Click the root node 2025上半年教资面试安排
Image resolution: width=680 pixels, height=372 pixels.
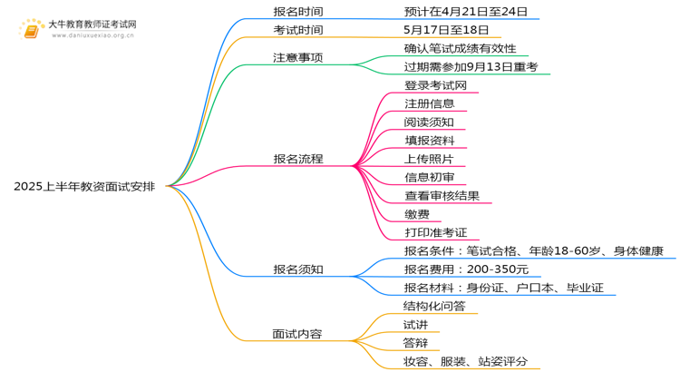click(84, 187)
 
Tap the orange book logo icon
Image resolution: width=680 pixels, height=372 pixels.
click(31, 30)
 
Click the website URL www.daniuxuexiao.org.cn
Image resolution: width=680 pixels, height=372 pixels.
click(92, 35)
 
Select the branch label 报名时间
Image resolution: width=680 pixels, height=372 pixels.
click(298, 12)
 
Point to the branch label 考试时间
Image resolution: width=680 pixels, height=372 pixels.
click(298, 30)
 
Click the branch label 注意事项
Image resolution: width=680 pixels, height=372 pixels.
click(298, 58)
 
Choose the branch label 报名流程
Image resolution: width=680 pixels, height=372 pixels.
click(298, 159)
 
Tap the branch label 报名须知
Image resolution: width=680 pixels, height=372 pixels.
click(298, 269)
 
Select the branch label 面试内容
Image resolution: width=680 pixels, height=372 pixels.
click(297, 334)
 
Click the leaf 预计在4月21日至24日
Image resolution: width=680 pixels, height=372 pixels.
click(466, 12)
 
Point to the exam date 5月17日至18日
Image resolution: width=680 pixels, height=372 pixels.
click(446, 30)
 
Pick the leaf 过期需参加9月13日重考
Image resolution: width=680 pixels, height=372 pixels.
click(471, 67)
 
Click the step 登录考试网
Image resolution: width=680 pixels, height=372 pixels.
click(435, 85)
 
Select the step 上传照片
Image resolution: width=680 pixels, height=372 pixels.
click(429, 159)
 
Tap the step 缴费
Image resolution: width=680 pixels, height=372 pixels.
click(417, 214)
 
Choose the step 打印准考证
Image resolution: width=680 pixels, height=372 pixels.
click(436, 232)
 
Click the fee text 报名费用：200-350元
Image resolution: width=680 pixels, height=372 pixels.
click(466, 269)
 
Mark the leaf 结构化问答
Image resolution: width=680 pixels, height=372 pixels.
click(434, 307)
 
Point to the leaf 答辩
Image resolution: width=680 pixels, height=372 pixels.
click(415, 343)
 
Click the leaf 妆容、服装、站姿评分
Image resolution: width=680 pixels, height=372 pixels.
click(465, 362)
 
